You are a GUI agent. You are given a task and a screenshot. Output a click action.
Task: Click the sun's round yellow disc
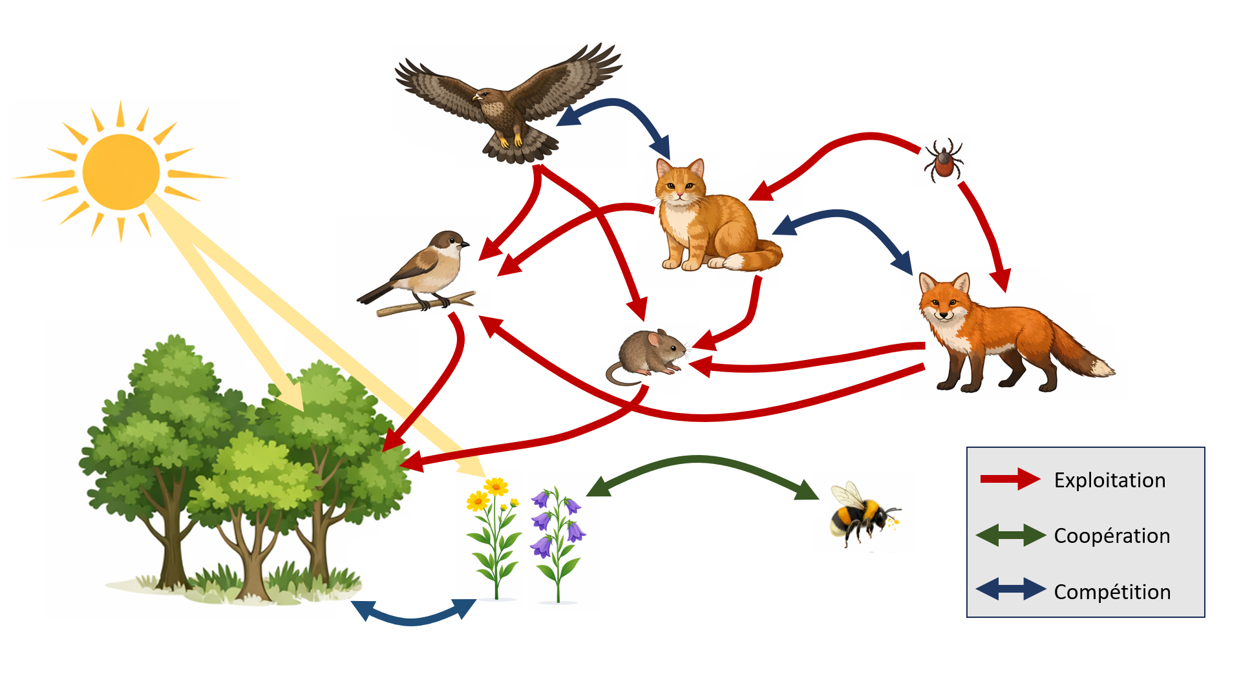point(121,172)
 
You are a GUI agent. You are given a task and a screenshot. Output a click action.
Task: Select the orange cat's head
point(679,184)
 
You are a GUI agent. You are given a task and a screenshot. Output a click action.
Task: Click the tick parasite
point(944,160)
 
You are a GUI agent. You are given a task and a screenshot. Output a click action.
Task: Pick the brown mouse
point(646,357)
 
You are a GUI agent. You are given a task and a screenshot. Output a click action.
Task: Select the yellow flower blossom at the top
point(496,486)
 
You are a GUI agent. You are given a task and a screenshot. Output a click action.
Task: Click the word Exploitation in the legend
point(1110,480)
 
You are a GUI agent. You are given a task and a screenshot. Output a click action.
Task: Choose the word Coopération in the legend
point(1112,536)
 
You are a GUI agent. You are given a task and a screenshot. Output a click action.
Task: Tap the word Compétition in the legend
point(1112,591)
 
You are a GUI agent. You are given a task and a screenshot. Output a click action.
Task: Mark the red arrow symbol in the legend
point(1010,479)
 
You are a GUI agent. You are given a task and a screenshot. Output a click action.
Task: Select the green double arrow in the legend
point(1011,536)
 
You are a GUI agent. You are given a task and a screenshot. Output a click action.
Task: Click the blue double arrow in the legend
point(1011,589)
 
